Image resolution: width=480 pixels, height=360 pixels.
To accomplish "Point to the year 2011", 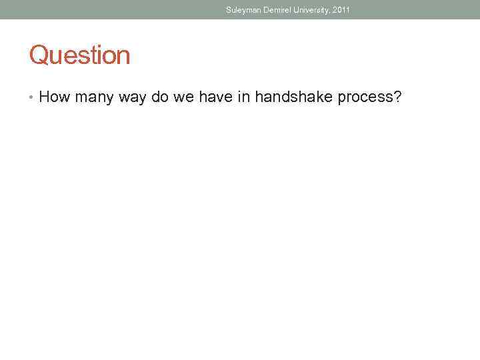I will tap(341, 10).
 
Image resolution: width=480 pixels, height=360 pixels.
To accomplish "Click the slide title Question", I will tap(79, 55).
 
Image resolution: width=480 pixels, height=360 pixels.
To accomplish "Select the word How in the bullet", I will tap(55, 97).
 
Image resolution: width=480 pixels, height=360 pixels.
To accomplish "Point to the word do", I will tap(160, 97).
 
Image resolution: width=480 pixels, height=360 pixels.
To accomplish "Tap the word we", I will tap(183, 98).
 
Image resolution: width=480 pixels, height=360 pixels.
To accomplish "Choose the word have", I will tap(214, 97).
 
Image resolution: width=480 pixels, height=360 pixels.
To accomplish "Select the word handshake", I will tap(293, 97).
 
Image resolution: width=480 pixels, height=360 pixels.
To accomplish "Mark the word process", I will tap(365, 98).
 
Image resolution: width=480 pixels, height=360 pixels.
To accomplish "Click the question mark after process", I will tap(397, 97).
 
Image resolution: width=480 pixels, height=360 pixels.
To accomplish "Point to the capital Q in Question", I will tap(38, 55).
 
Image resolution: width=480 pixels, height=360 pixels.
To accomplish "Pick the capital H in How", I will tap(45, 97).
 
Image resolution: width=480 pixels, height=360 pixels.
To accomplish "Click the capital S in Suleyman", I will tap(229, 10).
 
